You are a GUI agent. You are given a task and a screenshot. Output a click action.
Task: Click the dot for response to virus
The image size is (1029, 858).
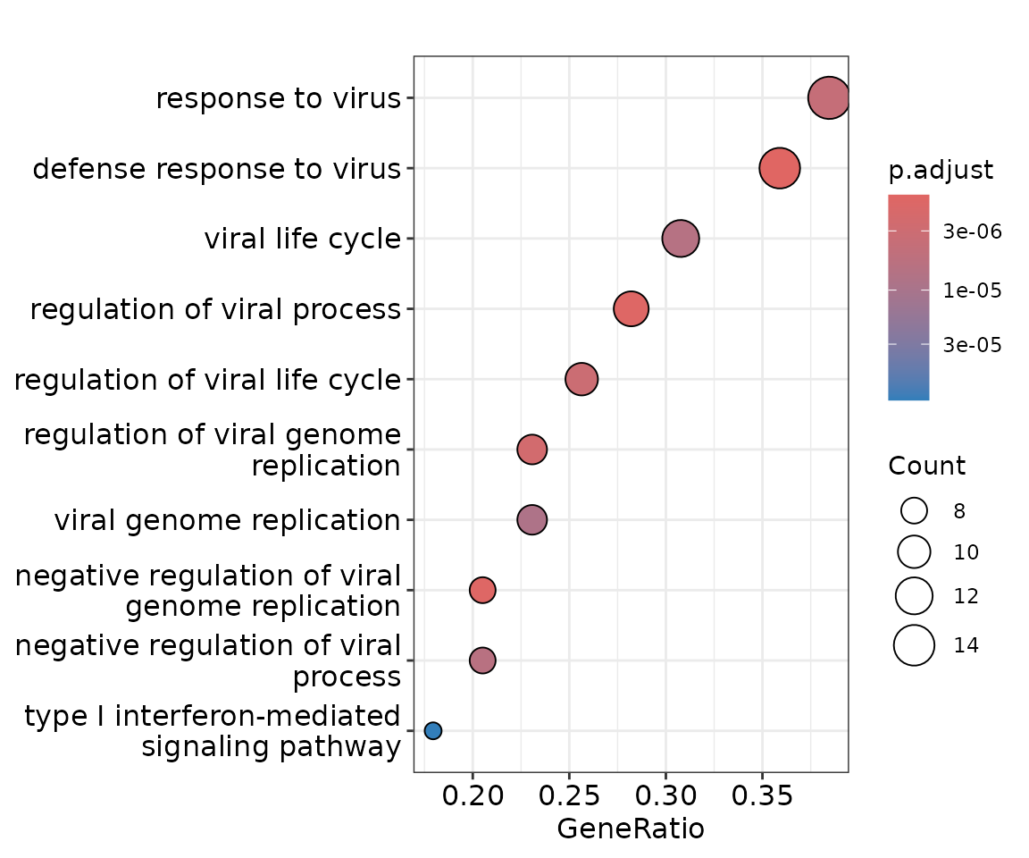(x=828, y=97)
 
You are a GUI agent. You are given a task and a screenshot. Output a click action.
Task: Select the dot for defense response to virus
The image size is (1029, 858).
(x=779, y=168)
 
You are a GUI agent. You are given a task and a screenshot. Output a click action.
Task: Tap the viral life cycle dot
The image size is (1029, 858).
(x=681, y=239)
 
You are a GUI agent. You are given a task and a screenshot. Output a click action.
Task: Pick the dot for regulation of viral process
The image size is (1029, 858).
(x=631, y=308)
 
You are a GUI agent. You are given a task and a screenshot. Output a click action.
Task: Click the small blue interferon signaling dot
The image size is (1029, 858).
(x=433, y=731)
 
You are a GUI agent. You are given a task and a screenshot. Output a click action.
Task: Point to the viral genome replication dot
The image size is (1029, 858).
(x=532, y=519)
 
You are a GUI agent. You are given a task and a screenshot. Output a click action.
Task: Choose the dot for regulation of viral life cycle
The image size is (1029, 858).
(x=581, y=379)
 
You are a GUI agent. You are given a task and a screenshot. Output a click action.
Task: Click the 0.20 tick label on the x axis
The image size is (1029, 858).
(x=473, y=795)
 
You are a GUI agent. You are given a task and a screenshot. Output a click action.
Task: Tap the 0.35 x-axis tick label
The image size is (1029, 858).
(x=762, y=795)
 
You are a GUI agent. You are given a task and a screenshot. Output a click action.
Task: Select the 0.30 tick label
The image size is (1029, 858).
(x=665, y=795)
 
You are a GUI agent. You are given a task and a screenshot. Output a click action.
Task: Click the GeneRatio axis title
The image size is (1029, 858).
(x=631, y=829)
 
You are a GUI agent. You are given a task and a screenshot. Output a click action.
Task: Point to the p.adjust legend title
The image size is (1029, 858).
(x=941, y=171)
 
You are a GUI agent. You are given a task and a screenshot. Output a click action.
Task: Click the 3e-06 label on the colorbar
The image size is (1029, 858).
(x=973, y=232)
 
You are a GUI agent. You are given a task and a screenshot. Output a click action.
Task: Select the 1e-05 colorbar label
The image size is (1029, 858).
(x=973, y=290)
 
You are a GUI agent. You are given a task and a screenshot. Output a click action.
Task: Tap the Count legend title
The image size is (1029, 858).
(x=926, y=467)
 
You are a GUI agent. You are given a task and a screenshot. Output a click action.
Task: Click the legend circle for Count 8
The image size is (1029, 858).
(x=915, y=511)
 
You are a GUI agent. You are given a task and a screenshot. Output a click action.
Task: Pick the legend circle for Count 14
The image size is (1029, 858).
(x=915, y=645)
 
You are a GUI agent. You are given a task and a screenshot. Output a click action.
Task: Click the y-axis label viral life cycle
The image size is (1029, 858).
(x=302, y=239)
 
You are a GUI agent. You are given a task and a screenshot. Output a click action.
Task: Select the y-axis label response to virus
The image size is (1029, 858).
(x=278, y=98)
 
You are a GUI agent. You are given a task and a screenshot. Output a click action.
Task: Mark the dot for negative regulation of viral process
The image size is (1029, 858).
(x=482, y=660)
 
